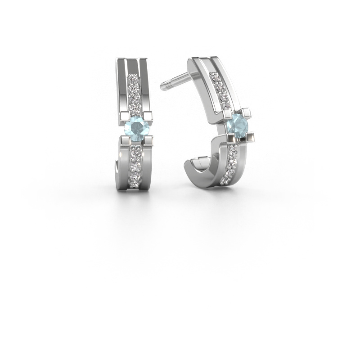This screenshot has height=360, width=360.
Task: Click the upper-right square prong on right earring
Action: tap(249, 111)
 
